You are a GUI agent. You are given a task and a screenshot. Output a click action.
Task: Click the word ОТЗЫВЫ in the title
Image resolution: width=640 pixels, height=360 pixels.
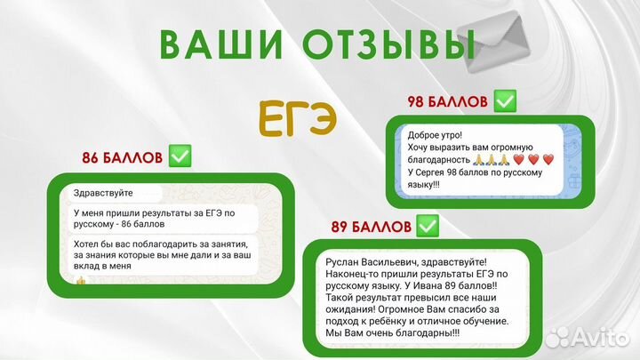(x=391, y=44)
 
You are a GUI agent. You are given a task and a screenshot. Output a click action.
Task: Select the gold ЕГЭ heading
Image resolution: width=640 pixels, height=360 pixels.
(x=299, y=115)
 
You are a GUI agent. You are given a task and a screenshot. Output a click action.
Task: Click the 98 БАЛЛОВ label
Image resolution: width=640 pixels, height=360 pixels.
(x=447, y=101)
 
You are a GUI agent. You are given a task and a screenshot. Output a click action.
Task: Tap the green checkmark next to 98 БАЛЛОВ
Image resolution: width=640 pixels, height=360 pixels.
(x=505, y=101)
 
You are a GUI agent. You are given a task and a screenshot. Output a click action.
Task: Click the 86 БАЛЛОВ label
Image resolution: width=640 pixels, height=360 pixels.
(x=122, y=158)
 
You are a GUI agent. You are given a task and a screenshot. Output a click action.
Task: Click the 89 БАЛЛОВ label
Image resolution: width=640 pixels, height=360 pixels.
(x=369, y=227)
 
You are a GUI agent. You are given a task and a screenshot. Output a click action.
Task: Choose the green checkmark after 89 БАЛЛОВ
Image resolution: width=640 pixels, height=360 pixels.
(x=428, y=227)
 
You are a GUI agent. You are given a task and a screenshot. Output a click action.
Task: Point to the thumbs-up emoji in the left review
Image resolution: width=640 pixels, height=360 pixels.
(x=80, y=280)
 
